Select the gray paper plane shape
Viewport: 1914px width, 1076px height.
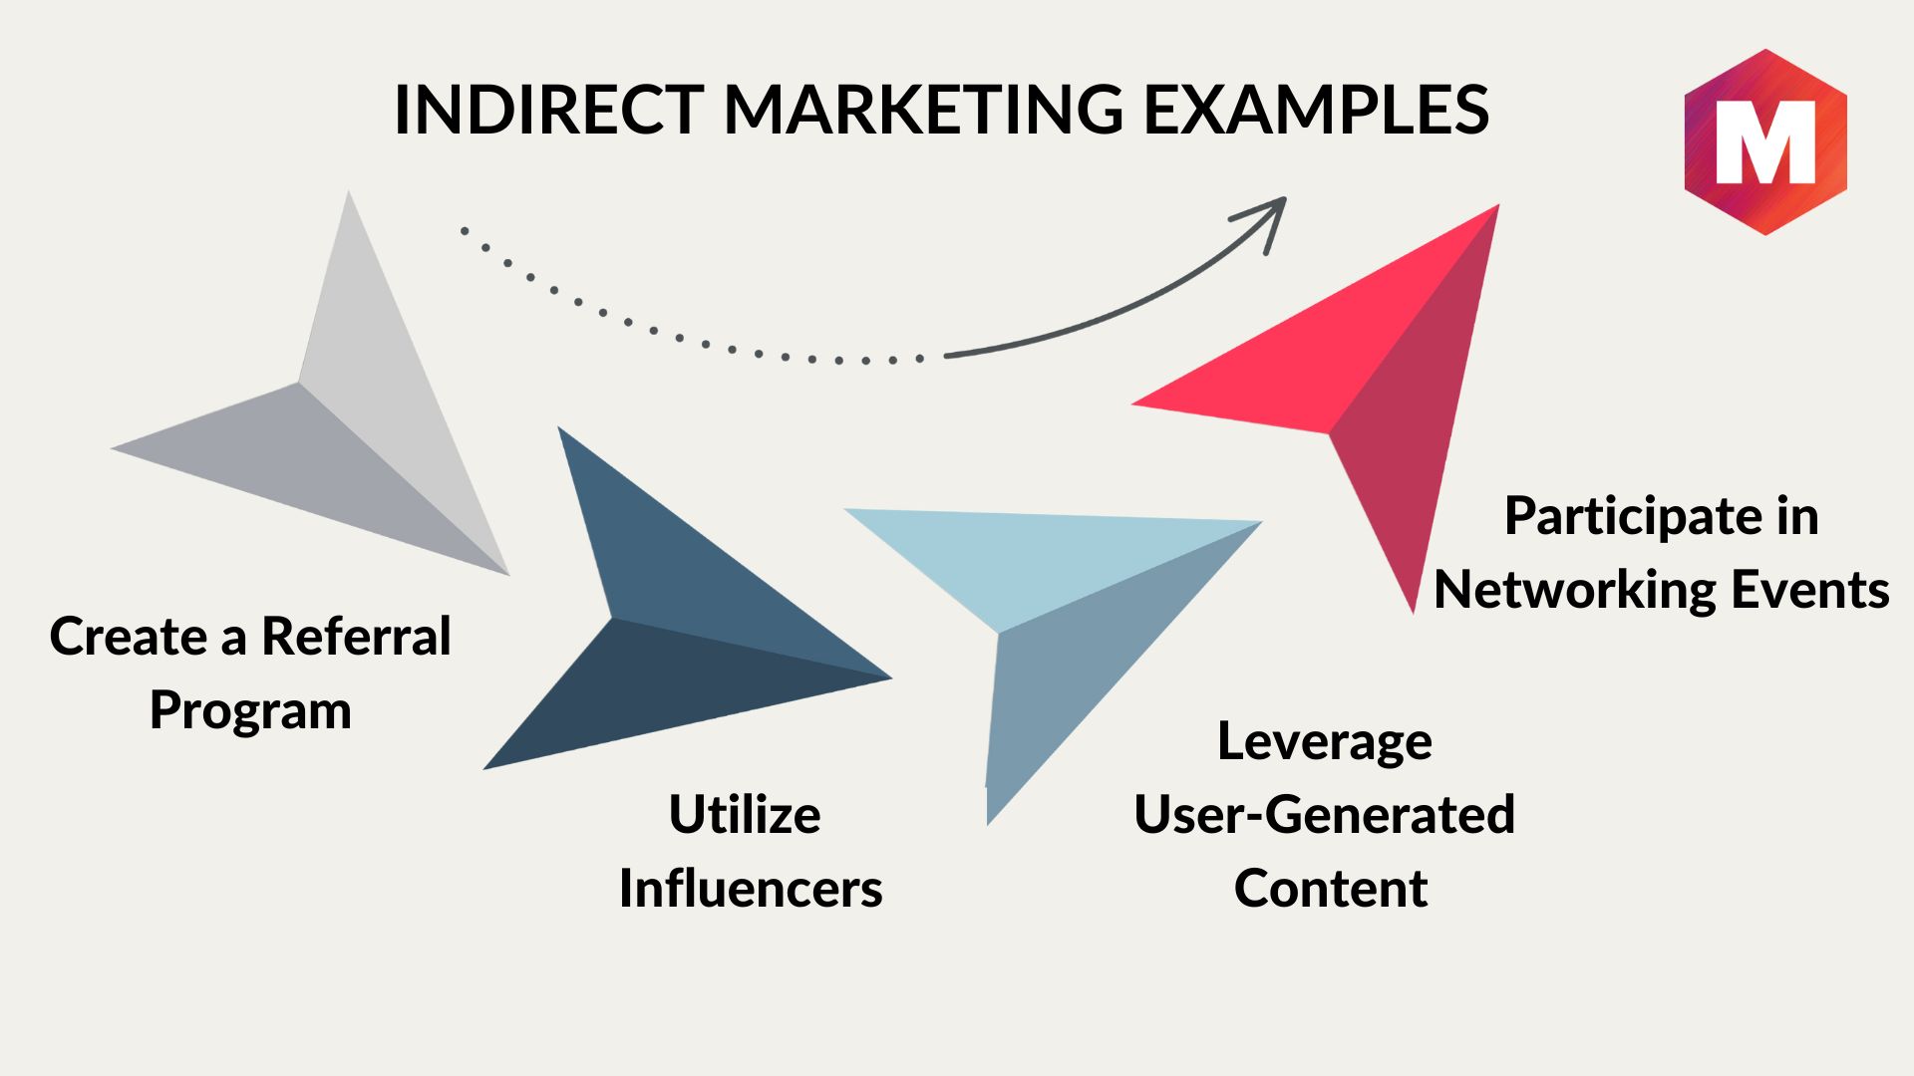coord(329,418)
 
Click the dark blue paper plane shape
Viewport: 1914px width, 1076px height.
coord(658,618)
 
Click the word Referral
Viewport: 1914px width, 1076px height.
coord(356,636)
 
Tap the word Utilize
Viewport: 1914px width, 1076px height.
coord(745,814)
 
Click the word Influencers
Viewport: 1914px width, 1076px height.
coord(751,888)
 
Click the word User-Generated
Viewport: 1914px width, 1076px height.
coord(1325,814)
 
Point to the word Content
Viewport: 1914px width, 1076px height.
coord(1331,888)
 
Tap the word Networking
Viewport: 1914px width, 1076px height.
coord(1573,591)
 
